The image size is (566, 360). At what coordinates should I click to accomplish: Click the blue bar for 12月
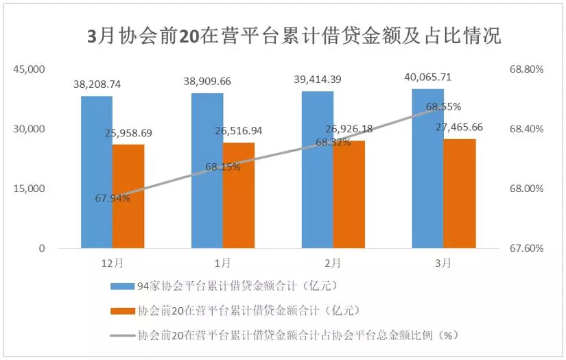97,171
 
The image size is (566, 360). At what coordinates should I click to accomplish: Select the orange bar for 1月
239,195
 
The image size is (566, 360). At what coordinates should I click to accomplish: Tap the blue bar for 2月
318,169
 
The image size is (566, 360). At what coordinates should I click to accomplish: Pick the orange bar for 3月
459,193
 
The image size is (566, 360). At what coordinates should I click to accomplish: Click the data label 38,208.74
97,84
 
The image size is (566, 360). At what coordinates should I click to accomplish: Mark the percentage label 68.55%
443,107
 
